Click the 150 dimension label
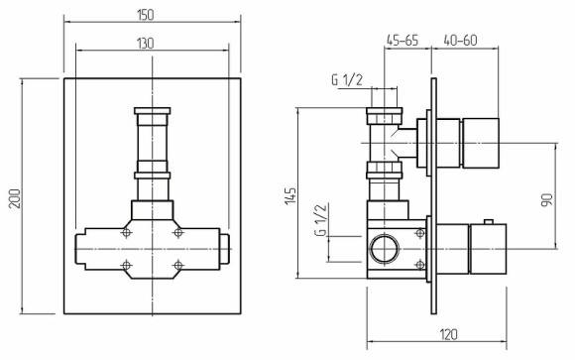point(146,15)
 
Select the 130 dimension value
point(146,44)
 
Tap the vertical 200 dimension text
point(15,198)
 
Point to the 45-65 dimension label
point(402,40)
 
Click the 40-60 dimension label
point(461,40)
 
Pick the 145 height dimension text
point(290,196)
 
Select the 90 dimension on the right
point(547,200)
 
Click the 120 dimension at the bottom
point(448,334)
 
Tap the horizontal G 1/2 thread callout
point(347,80)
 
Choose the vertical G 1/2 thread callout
point(320,220)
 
